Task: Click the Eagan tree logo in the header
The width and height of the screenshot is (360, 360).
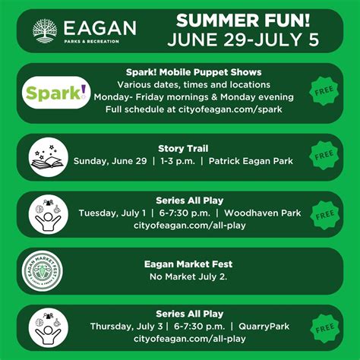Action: click(x=46, y=30)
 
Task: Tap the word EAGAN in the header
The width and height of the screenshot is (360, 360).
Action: click(x=100, y=28)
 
